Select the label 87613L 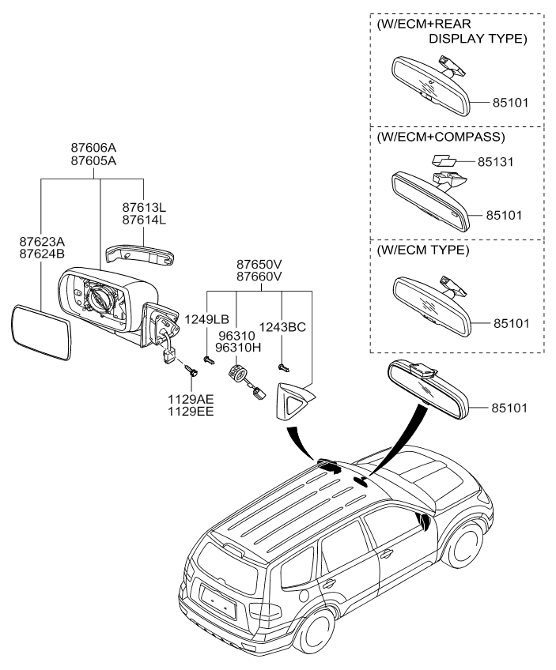(144, 206)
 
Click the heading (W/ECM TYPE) (424, 250)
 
